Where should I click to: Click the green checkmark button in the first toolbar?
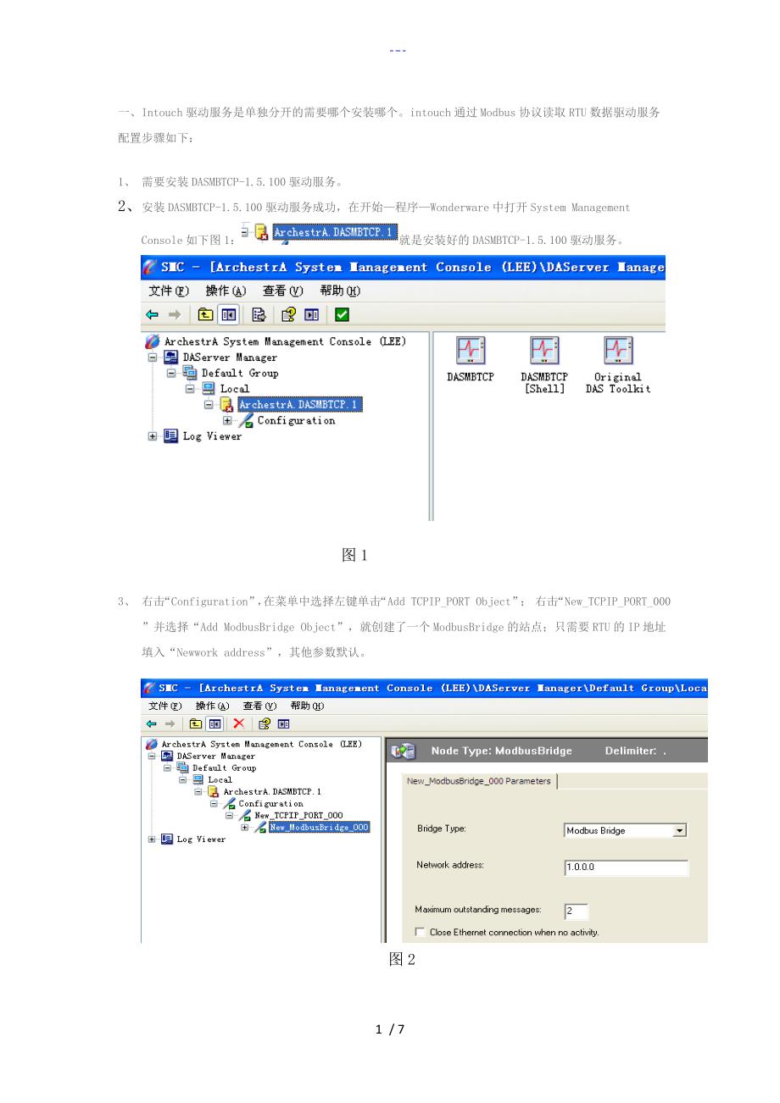(342, 314)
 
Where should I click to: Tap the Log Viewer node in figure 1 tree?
(212, 435)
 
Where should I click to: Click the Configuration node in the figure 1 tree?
(296, 420)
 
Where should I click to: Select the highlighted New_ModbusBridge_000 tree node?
(319, 827)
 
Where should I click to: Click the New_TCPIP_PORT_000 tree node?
(298, 816)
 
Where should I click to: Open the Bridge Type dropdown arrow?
(679, 831)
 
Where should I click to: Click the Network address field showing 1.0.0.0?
(626, 867)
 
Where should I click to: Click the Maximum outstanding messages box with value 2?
(576, 911)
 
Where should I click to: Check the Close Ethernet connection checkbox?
(420, 932)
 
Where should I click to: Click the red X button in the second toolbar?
(238, 723)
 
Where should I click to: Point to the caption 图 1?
(354, 555)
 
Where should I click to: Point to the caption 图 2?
(402, 959)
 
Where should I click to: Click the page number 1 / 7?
(390, 1029)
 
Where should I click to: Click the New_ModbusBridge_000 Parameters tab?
(478, 781)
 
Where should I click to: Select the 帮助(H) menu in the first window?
(340, 291)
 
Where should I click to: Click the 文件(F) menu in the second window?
(165, 706)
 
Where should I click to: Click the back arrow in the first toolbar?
(153, 314)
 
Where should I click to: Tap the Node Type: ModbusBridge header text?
(501, 751)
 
